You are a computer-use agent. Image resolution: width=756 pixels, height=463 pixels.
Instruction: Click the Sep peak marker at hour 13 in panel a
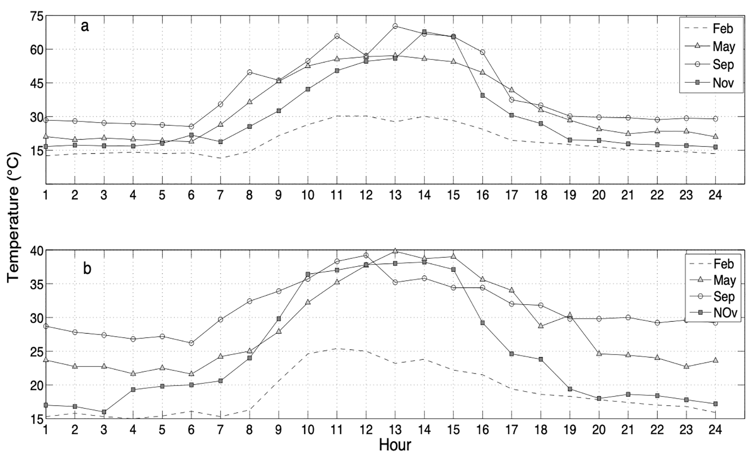coord(395,26)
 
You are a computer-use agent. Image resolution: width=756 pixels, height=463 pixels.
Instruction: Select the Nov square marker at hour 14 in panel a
coord(424,32)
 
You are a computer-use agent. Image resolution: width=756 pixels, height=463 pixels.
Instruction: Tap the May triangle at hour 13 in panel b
coord(395,251)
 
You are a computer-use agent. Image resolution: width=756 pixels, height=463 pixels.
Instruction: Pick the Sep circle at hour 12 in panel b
coord(366,255)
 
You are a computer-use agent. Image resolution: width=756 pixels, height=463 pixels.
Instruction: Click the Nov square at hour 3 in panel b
coord(104,412)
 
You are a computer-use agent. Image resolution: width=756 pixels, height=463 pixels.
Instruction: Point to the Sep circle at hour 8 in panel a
coord(250,72)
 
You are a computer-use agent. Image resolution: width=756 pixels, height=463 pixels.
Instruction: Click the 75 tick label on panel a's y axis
coord(37,16)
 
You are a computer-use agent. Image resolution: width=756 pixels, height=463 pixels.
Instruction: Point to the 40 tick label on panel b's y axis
coord(37,250)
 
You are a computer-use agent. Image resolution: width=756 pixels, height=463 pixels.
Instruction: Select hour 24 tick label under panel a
coord(715,195)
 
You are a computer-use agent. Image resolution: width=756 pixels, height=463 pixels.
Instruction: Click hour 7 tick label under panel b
coord(220,430)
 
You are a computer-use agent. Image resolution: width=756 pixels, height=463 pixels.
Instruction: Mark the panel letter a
coord(85,26)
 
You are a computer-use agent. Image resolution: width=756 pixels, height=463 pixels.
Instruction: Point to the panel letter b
coord(87,269)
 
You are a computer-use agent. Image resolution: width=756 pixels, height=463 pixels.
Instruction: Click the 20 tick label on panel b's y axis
coord(37,385)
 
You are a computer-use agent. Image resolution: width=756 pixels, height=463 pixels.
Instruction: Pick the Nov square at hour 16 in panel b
coord(483,323)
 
